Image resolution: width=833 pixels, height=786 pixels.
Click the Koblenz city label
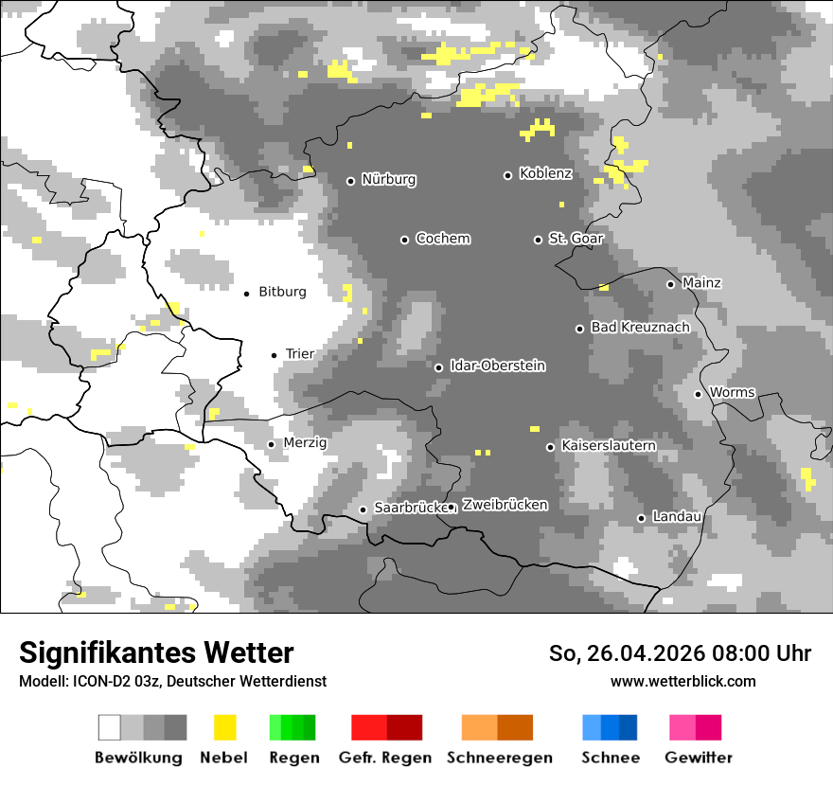coord(545,174)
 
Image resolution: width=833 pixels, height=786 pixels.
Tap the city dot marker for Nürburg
coord(350,181)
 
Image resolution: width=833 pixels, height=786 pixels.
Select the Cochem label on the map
coord(442,239)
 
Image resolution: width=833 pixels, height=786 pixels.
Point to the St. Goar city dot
coord(538,240)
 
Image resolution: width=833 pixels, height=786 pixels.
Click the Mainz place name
coord(701,283)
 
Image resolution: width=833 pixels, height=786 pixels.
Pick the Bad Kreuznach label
coord(640,328)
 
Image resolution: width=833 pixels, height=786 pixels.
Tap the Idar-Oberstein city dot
coord(438,367)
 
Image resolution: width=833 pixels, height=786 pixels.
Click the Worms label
coord(732,393)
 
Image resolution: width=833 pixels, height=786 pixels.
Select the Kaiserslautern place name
coord(609,446)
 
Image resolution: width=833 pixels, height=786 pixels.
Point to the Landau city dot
coord(641,518)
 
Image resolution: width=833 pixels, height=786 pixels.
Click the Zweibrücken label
coord(505,506)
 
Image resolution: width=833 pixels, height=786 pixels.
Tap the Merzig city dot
coord(271,444)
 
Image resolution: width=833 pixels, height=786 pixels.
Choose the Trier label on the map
coord(299,354)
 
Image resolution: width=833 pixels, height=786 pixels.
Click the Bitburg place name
coord(282,293)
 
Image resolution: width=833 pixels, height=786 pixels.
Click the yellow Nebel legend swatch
coord(224,727)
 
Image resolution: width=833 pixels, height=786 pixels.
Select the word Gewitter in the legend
coord(698,758)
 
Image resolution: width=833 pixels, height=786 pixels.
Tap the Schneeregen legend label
coord(499,758)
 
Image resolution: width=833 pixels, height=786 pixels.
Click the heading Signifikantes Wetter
coord(156,653)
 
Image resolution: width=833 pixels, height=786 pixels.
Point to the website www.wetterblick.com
coord(682,682)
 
